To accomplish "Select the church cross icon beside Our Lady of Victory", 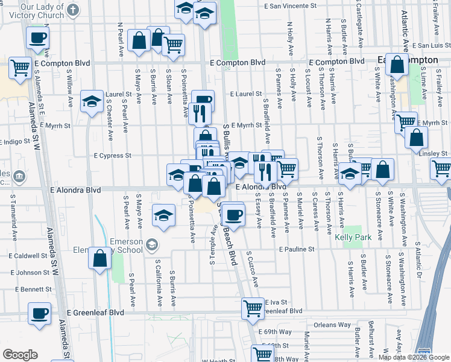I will [x=74, y=10].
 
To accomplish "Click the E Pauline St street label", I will [x=297, y=249].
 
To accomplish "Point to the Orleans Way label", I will [x=332, y=325].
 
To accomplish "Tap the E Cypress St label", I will [x=113, y=156].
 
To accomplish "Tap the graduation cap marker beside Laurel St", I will [x=92, y=100].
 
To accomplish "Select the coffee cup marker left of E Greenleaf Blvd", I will [x=40, y=313].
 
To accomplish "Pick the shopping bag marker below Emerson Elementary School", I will [x=100, y=258].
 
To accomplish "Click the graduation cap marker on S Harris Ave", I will [x=350, y=173].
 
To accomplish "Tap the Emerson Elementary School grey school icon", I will [x=151, y=244].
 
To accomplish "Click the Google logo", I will [x=20, y=355].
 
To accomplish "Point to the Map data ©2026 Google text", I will [x=414, y=357].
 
